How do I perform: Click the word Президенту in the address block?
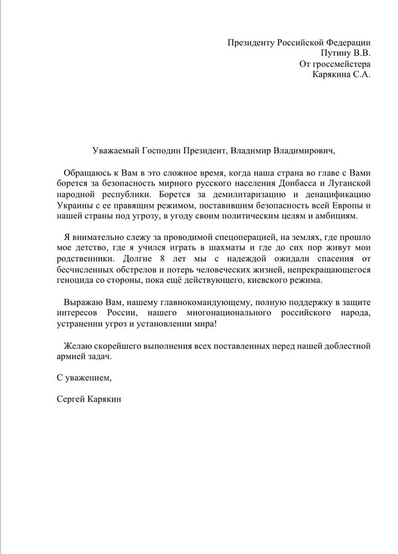point(253,42)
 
